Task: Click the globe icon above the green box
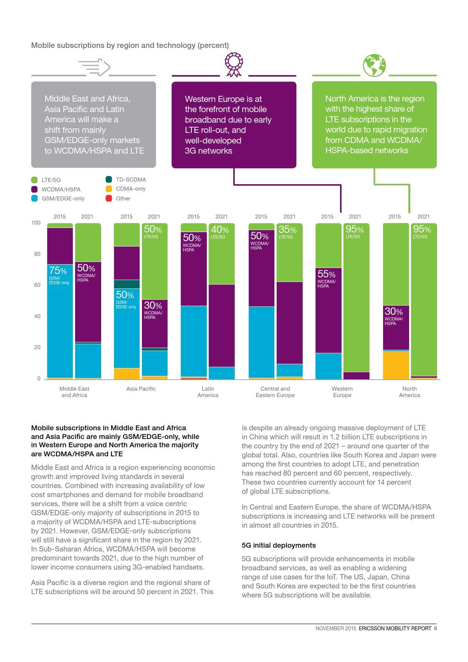(x=374, y=66)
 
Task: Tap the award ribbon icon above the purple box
(x=234, y=65)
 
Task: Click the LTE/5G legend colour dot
(x=34, y=180)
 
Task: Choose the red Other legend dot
(x=109, y=199)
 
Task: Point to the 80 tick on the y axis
(x=37, y=254)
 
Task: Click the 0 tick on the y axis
(x=38, y=379)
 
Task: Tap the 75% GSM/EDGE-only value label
(x=58, y=271)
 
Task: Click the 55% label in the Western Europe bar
(x=326, y=274)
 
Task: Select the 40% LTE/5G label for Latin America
(x=220, y=230)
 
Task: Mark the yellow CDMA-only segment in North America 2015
(x=396, y=365)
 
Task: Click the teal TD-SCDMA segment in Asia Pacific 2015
(x=127, y=284)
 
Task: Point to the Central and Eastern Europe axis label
(x=275, y=392)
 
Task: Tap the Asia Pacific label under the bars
(x=141, y=389)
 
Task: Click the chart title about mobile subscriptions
(x=130, y=45)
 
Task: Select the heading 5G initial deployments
(x=279, y=545)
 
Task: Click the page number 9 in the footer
(x=435, y=628)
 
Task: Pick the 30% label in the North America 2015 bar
(x=394, y=312)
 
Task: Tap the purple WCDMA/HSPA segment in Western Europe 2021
(x=356, y=376)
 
